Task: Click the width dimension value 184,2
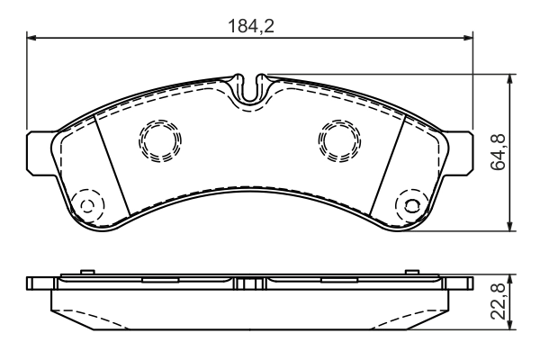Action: pyautogui.click(x=248, y=25)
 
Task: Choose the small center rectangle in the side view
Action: pyautogui.click(x=250, y=284)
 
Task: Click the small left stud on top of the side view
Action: pyautogui.click(x=85, y=272)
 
